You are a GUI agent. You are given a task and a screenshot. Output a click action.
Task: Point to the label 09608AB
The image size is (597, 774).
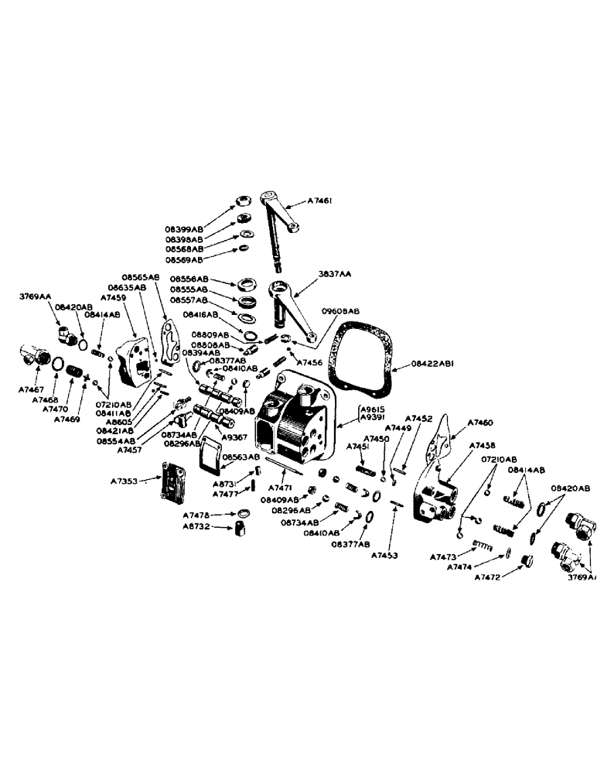point(342,311)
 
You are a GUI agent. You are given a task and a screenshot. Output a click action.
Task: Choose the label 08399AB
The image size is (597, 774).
point(184,229)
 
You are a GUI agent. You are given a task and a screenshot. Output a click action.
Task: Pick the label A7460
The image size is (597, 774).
point(482,423)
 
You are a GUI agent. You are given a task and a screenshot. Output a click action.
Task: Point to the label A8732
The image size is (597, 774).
point(196,529)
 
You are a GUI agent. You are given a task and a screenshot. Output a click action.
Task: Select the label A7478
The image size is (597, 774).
point(196,515)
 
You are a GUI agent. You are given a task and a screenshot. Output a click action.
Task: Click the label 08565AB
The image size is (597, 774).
point(140,276)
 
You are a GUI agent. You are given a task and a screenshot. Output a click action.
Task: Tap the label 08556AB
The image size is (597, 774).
point(189,279)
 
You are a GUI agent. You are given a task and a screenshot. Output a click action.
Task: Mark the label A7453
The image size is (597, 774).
point(385,555)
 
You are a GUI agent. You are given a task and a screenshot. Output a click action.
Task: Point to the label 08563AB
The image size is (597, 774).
point(240,457)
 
